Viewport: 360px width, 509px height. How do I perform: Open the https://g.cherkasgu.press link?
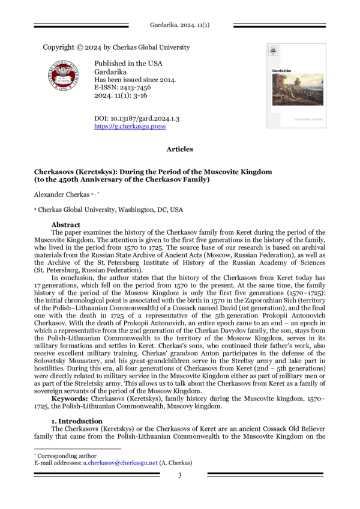(x=130, y=127)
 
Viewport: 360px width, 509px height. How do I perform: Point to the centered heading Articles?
(x=180, y=149)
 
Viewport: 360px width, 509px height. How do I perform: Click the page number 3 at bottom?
(x=179, y=476)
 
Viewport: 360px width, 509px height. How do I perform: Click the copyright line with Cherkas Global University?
(x=116, y=47)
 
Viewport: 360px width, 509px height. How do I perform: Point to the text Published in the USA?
(x=128, y=63)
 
